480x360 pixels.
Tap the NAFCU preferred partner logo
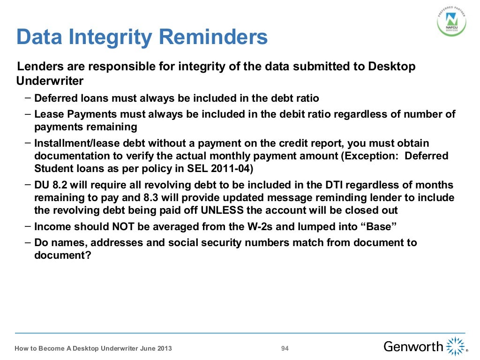pos(452,21)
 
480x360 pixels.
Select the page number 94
pos(285,348)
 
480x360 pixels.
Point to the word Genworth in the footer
pos(413,347)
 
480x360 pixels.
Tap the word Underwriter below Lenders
pos(50,81)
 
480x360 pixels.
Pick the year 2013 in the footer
pos(164,348)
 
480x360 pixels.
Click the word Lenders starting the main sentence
pos(38,67)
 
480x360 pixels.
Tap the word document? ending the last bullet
pos(62,255)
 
